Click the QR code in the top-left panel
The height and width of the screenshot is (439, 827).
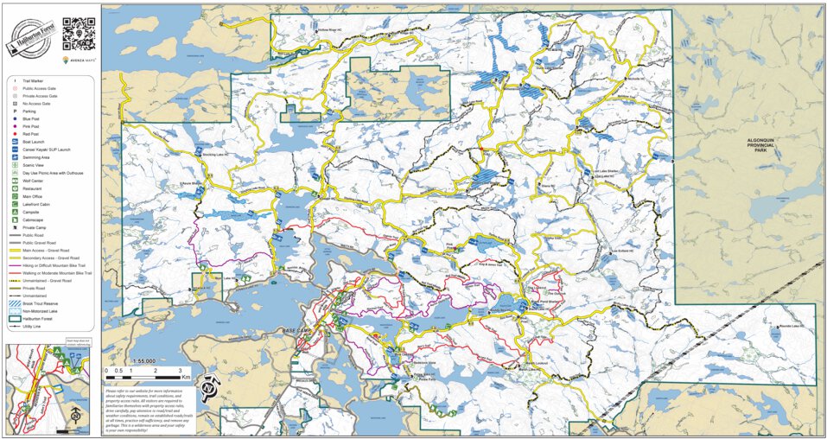point(78,34)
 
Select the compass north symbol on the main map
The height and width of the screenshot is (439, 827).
point(209,388)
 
